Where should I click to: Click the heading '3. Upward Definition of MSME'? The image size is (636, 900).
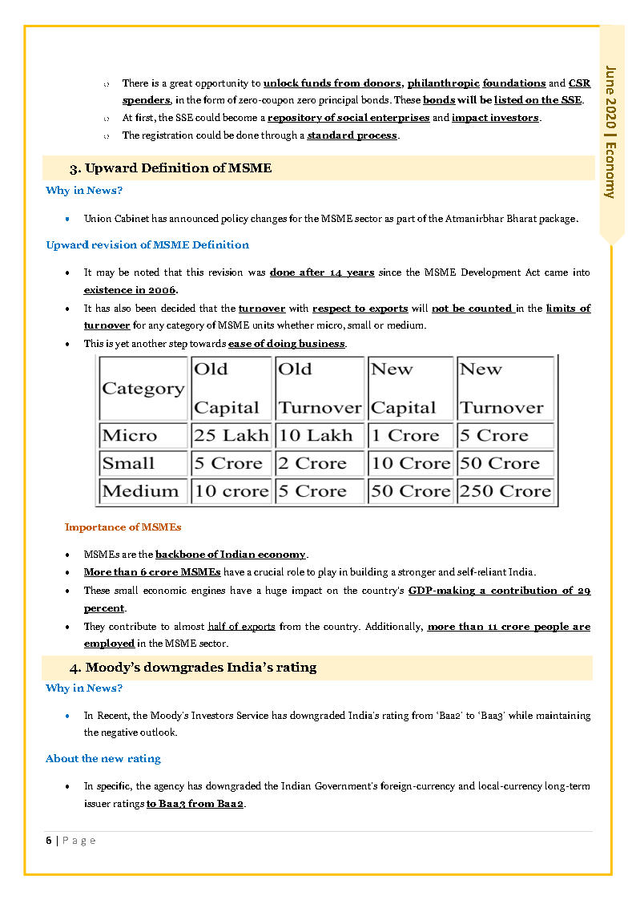pyautogui.click(x=171, y=168)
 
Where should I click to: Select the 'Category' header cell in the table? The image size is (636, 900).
pyautogui.click(x=143, y=389)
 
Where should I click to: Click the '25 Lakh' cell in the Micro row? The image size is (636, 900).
pyautogui.click(x=231, y=436)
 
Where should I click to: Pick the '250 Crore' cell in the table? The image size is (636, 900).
pyautogui.click(x=505, y=490)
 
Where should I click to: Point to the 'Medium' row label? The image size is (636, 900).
pyautogui.click(x=140, y=490)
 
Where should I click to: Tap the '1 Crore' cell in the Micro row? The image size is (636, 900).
pyautogui.click(x=405, y=436)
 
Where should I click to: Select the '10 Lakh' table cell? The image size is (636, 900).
pyautogui.click(x=316, y=436)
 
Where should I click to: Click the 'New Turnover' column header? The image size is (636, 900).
pyautogui.click(x=501, y=389)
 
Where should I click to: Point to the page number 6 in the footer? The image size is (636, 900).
pyautogui.click(x=49, y=840)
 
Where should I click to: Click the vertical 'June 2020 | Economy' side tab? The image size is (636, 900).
pyautogui.click(x=611, y=131)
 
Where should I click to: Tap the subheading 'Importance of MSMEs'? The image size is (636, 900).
pyautogui.click(x=123, y=527)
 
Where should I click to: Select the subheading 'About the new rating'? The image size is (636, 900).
pyautogui.click(x=103, y=758)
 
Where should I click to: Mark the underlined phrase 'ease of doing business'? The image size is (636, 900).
pyautogui.click(x=287, y=344)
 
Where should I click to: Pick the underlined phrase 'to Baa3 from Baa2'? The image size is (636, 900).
pyautogui.click(x=195, y=804)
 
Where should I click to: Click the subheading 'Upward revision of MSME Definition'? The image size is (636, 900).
pyautogui.click(x=147, y=245)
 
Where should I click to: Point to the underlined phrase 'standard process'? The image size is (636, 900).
pyautogui.click(x=352, y=135)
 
